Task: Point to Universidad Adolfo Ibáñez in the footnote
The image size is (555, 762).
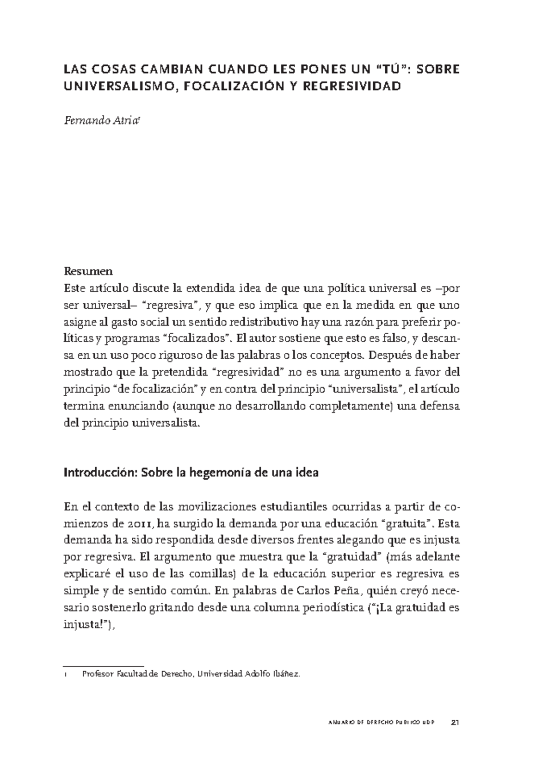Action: coord(249,675)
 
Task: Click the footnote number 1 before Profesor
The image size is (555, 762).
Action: coord(66,675)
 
